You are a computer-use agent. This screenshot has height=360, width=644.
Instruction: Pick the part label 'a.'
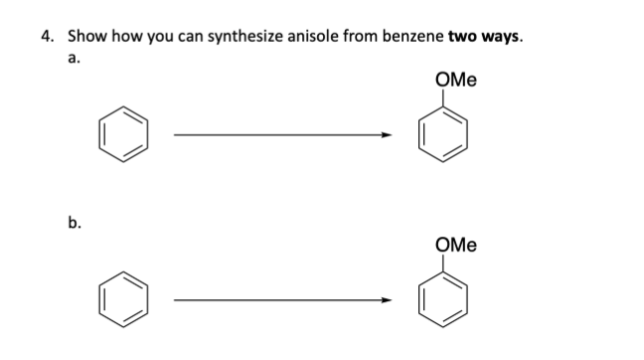pos(73,59)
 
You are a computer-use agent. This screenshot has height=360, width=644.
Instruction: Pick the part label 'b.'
pos(73,224)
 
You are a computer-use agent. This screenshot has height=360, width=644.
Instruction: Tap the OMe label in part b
pos(455,244)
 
